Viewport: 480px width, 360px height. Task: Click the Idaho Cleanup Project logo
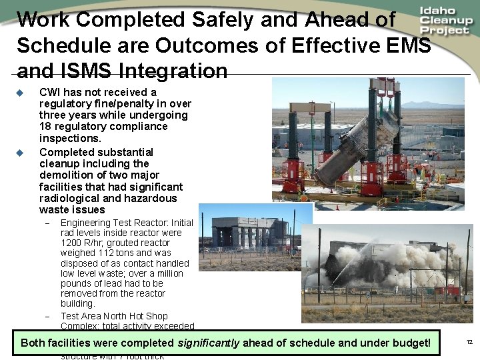(x=446, y=21)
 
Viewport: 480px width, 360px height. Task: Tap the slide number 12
(x=469, y=342)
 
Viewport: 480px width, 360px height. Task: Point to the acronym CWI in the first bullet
(x=50, y=92)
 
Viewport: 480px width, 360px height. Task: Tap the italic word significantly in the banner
(x=209, y=343)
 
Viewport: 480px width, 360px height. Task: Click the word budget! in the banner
(x=411, y=343)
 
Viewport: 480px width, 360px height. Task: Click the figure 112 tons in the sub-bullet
(x=111, y=253)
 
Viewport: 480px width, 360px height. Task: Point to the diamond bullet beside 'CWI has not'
(x=20, y=92)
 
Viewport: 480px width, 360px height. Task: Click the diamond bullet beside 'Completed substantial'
(x=20, y=153)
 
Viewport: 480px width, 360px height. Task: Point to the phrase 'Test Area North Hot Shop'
(x=114, y=316)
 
